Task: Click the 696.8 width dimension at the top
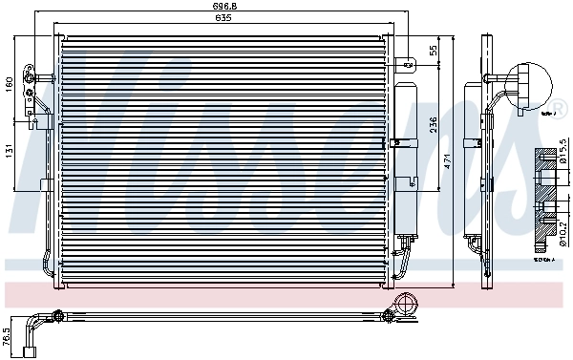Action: click(x=226, y=8)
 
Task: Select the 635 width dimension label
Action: click(x=226, y=19)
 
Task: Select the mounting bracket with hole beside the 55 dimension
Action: click(x=409, y=65)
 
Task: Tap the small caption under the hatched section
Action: click(x=543, y=258)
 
